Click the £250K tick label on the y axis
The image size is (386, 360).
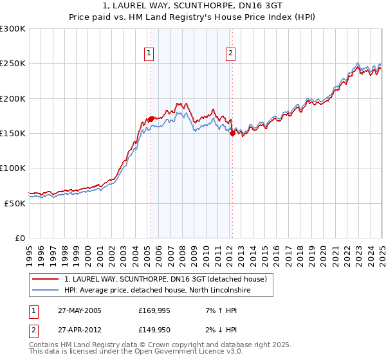point(12,64)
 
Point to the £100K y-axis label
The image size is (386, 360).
point(12,168)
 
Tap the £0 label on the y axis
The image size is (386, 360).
point(19,238)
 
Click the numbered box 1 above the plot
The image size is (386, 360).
point(149,54)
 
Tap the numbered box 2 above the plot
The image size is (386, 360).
point(230,54)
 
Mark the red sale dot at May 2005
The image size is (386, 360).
point(151,119)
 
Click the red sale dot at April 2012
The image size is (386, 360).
point(232,134)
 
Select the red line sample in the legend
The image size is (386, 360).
point(45,279)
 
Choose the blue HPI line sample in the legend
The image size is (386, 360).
point(45,291)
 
